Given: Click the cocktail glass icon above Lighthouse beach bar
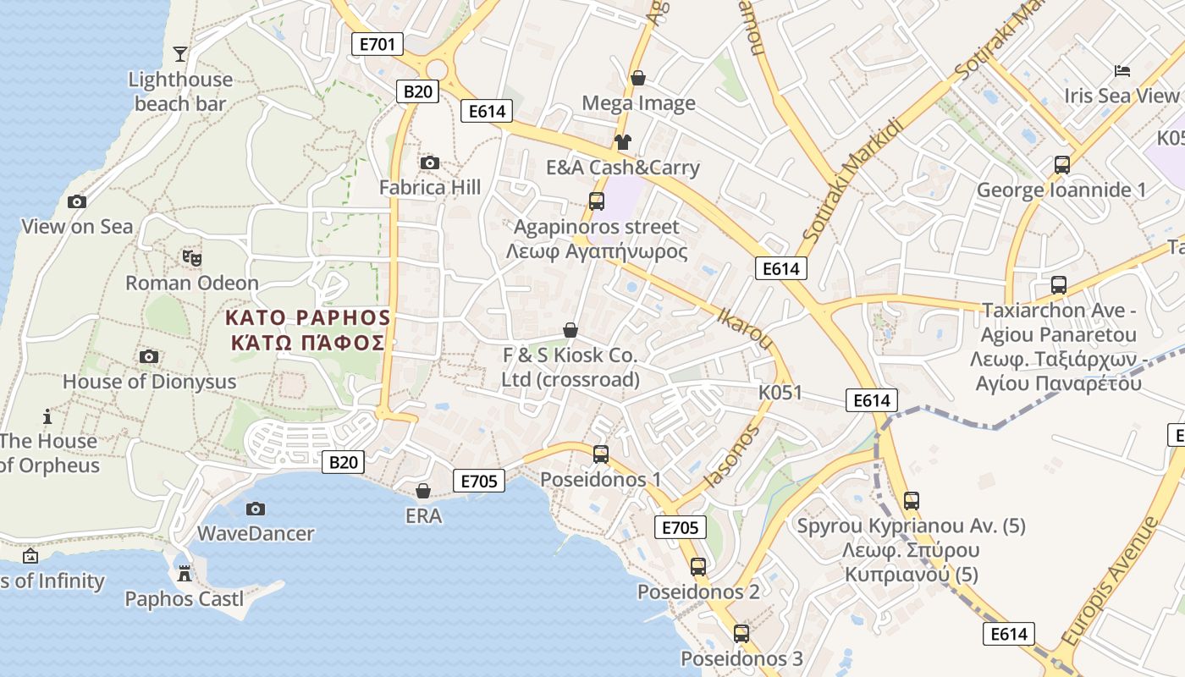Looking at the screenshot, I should point(180,55).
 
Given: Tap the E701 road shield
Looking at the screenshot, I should point(377,44).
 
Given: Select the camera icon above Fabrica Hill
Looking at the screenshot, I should point(429,162).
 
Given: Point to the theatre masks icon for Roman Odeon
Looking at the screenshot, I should point(192,257).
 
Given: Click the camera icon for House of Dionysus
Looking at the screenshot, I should point(149,356).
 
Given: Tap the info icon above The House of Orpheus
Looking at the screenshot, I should point(47,416).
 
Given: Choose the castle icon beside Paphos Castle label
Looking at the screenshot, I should point(184,574).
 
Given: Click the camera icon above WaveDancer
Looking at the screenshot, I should point(255,509).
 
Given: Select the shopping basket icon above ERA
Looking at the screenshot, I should point(423,491).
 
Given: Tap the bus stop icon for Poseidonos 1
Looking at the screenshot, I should point(601,454).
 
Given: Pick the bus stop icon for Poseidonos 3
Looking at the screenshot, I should point(741,634).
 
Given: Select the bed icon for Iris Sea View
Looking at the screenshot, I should point(1122,71).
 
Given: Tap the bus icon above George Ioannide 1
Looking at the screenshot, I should point(1062,165).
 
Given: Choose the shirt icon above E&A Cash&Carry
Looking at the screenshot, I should point(623,142).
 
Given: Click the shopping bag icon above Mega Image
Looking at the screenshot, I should point(638,79).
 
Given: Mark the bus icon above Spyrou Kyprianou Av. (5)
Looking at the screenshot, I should point(912,501).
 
